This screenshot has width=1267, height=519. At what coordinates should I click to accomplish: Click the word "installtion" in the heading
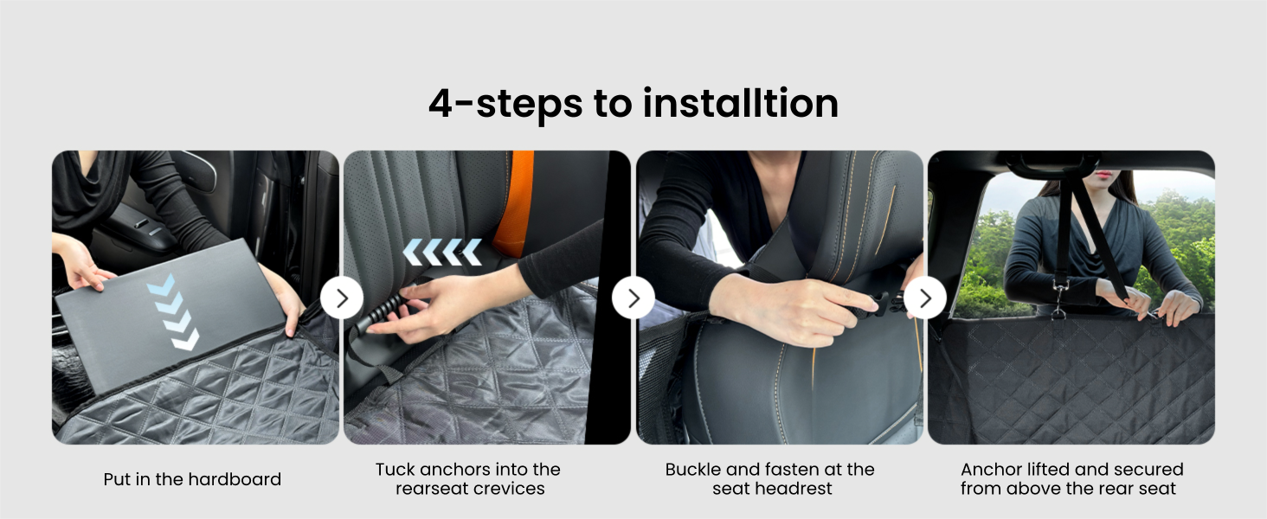[x=741, y=104]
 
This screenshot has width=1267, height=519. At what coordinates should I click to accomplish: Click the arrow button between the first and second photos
[x=342, y=298]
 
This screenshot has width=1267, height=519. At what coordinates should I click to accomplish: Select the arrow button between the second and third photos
[x=633, y=298]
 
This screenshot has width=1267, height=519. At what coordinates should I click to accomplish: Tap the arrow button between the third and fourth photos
[x=925, y=298]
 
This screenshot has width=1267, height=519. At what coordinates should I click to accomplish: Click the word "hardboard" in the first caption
[x=236, y=479]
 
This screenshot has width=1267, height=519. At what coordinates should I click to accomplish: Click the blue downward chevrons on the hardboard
[x=173, y=312]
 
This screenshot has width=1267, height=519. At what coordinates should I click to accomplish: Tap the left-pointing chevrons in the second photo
[x=442, y=253]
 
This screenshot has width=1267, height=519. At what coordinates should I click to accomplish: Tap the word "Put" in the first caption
[x=117, y=479]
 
